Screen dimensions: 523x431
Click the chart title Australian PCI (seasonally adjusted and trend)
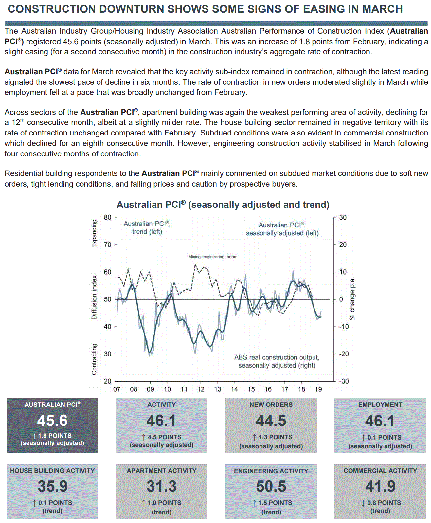click(223, 205)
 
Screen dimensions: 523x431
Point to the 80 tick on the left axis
click(108, 217)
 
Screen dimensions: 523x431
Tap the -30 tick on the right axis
click(344, 381)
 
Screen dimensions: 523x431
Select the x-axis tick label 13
click(218, 389)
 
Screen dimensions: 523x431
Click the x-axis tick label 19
click(318, 389)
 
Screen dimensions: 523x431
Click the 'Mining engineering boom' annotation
click(213, 257)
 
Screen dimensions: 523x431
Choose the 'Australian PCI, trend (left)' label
click(147, 227)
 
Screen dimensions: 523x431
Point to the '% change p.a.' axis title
click(352, 298)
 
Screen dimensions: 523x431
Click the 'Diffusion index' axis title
click(94, 297)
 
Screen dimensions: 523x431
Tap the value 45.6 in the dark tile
click(52, 421)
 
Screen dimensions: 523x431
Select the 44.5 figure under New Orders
click(271, 421)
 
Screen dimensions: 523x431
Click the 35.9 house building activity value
click(52, 486)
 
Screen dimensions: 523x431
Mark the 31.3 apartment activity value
click(162, 486)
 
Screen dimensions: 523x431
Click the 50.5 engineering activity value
click(271, 486)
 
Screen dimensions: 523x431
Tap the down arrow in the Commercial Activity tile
click(363, 503)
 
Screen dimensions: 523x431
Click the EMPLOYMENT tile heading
click(380, 405)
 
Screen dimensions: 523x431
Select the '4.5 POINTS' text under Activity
click(164, 437)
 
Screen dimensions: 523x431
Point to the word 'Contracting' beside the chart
click(94, 359)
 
